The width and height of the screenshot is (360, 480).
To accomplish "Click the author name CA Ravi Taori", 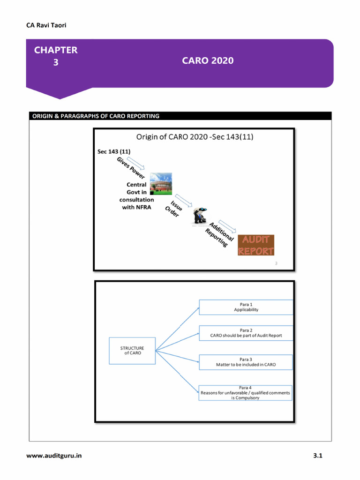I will [46, 25].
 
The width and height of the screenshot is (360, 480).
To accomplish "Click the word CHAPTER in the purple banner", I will [56, 50].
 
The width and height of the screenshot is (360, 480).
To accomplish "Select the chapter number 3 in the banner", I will [56, 62].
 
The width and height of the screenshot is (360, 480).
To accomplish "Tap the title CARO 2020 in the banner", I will [208, 60].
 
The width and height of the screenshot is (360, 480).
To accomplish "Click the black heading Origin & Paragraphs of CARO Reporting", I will [96, 116].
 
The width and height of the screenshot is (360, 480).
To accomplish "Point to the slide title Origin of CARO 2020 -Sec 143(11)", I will [195, 137].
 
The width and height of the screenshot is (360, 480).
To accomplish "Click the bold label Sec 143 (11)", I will [114, 151].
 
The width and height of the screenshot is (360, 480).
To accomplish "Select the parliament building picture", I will [161, 184].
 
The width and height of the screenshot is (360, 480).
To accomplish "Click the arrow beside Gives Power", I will [139, 165].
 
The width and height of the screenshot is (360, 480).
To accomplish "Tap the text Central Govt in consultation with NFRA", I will [136, 196].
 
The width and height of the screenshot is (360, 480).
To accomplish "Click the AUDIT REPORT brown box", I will [255, 245].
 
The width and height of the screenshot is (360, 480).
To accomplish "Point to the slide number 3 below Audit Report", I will [276, 263].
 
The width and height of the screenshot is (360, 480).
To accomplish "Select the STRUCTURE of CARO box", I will [132, 351].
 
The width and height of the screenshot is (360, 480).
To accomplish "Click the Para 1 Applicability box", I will [246, 307].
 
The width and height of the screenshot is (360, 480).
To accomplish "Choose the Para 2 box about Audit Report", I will [246, 333].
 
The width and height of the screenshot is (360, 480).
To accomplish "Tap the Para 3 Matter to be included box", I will [246, 362].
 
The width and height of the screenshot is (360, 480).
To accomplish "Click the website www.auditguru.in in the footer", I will [54, 456].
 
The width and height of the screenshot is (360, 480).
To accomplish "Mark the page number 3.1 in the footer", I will [318, 456].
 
